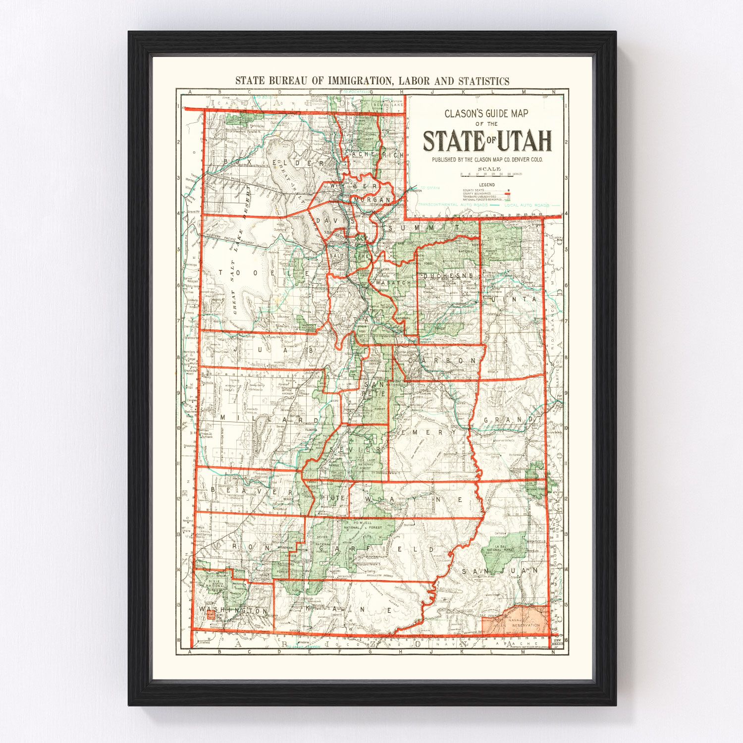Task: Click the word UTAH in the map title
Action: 525,141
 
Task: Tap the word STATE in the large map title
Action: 453,141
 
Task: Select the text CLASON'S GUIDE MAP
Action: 486,113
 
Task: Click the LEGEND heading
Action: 486,185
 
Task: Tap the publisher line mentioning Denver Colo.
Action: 487,159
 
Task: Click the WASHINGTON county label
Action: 233,611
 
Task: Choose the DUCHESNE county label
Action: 448,275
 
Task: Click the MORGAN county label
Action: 372,200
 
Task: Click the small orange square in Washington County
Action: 211,615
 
